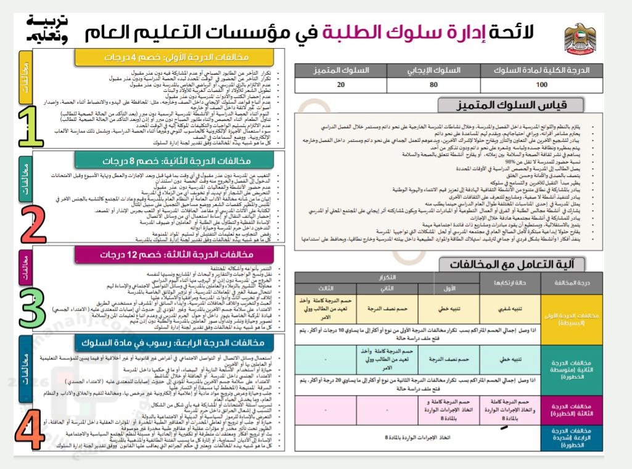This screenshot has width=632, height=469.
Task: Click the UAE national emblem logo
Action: [579, 38]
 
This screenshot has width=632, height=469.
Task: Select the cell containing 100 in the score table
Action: [542, 84]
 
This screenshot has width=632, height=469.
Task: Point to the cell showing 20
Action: [341, 84]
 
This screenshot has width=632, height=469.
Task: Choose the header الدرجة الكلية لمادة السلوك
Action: [542, 70]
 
